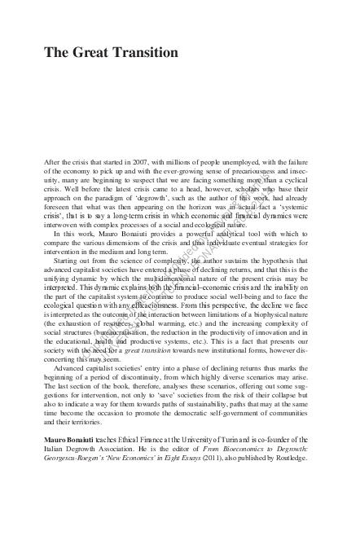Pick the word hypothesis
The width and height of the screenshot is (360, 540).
pyautogui.click(x=296, y=261)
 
